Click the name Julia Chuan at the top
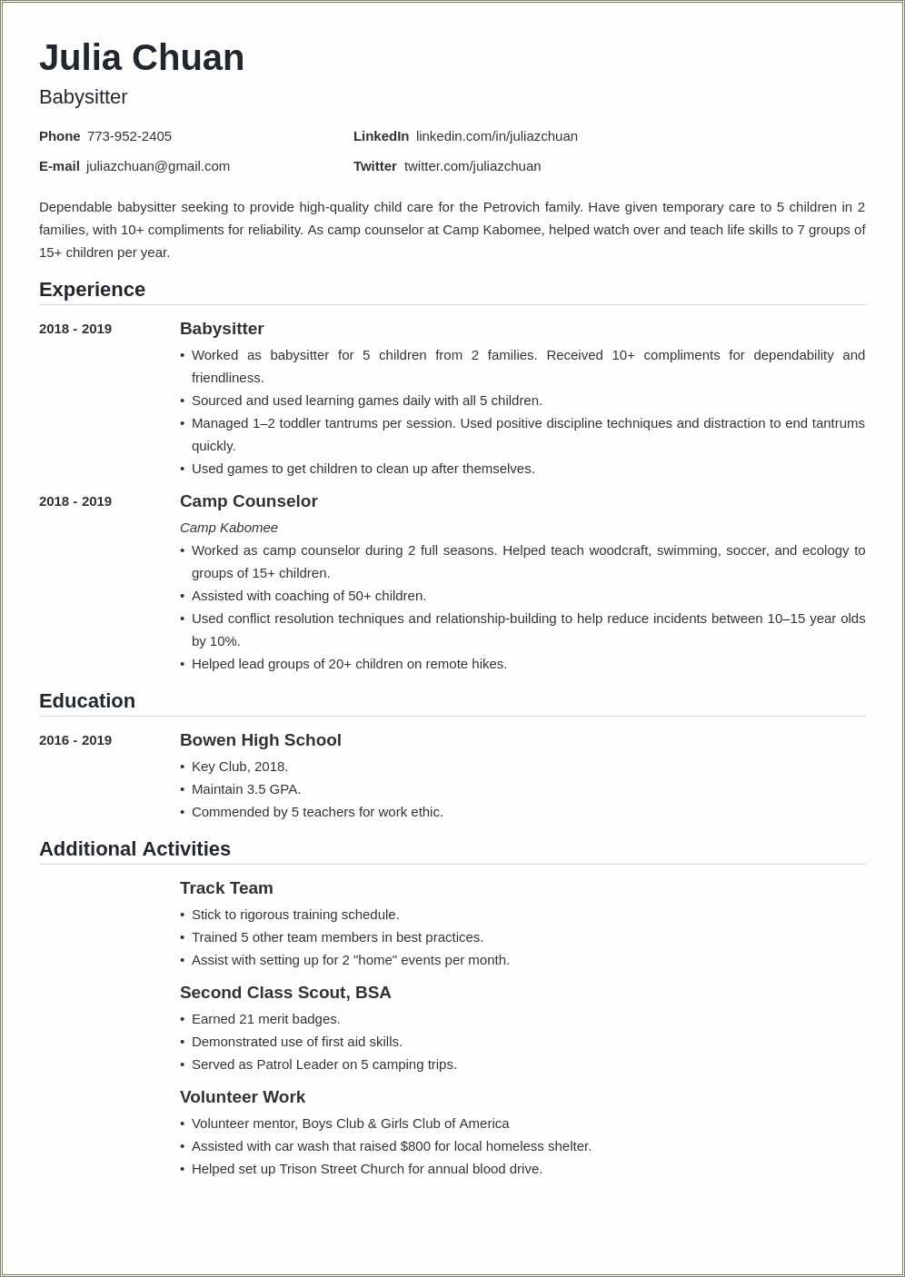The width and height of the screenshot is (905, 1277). [x=142, y=58]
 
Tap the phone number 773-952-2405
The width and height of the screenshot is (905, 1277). [x=129, y=136]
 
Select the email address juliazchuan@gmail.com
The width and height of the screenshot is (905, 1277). [x=158, y=166]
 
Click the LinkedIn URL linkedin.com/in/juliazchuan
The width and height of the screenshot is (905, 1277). [x=496, y=136]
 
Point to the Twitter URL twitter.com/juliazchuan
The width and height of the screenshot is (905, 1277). [x=472, y=166]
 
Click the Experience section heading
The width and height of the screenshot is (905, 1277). [x=92, y=290]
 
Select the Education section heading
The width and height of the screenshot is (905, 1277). [x=87, y=701]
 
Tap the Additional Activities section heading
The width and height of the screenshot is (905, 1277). [x=134, y=849]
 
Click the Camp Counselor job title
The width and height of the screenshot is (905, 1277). [x=248, y=501]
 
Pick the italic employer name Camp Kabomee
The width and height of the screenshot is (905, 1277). [x=229, y=528]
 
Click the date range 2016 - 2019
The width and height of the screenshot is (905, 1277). [x=75, y=740]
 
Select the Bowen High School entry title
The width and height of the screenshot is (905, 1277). [x=261, y=740]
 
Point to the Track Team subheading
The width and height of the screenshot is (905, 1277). [x=226, y=888]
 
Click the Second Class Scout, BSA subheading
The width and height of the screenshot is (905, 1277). [x=285, y=993]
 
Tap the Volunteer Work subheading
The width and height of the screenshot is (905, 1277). [x=243, y=1097]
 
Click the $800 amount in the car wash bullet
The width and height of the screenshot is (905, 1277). [x=415, y=1146]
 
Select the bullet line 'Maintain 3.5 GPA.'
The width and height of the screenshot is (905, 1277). [x=246, y=789]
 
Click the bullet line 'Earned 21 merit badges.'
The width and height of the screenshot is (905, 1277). [x=265, y=1019]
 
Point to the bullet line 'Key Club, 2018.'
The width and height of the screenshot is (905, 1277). [x=240, y=767]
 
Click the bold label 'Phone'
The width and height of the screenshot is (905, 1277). [x=60, y=136]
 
